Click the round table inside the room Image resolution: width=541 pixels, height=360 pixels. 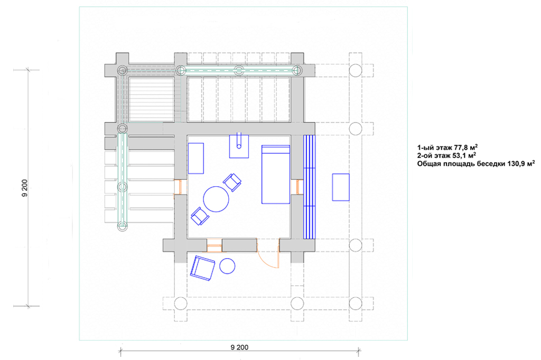[216, 199]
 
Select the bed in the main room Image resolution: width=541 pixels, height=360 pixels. [276, 175]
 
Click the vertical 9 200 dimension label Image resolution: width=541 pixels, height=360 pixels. [24, 188]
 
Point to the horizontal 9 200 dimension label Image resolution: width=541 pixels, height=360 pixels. [239, 347]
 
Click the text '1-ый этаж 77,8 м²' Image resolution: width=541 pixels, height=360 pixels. [447, 148]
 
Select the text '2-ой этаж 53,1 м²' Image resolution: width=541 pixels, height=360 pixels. [447, 156]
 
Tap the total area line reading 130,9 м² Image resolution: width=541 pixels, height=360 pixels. [476, 164]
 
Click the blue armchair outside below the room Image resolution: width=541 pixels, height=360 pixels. [202, 268]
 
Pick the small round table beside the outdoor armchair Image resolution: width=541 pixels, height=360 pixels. [227, 266]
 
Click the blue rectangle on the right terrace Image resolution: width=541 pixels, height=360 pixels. [341, 187]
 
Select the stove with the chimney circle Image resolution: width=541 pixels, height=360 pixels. [239, 146]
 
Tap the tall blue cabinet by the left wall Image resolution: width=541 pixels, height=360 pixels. [196, 158]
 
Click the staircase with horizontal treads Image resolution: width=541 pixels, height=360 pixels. [152, 100]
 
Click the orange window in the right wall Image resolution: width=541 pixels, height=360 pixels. [297, 187]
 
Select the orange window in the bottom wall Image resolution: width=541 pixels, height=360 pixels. [214, 245]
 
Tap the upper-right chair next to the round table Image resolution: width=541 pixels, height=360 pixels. [232, 182]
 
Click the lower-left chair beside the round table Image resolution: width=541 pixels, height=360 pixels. [200, 216]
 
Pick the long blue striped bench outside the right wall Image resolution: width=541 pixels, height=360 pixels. [310, 187]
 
